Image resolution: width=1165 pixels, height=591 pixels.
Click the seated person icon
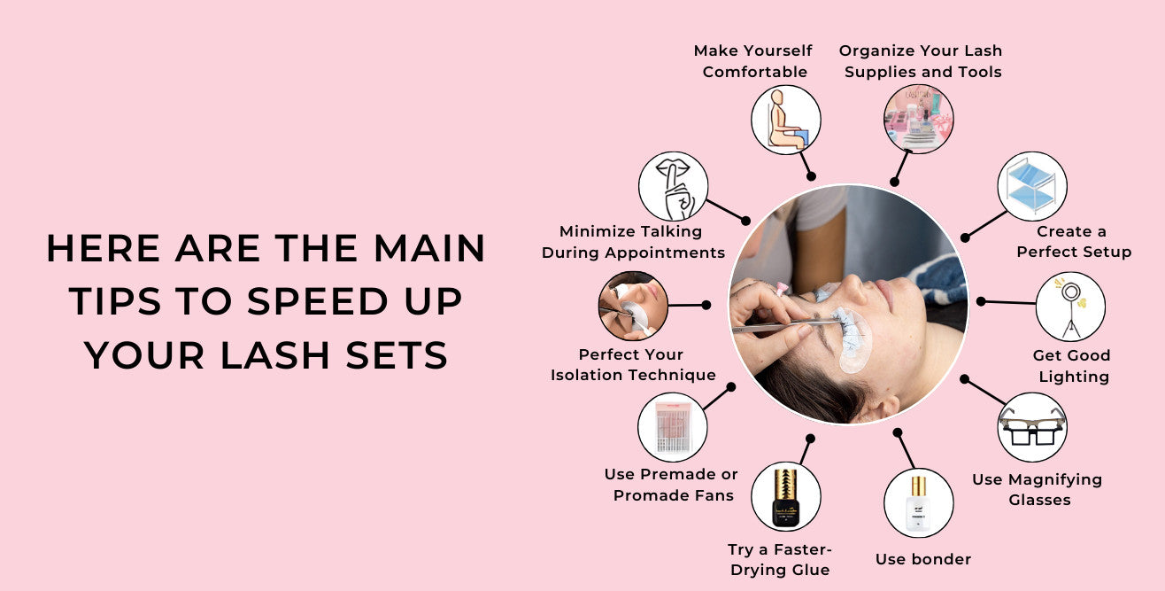[x=785, y=120]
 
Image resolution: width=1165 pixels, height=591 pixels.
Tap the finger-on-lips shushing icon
[x=673, y=186]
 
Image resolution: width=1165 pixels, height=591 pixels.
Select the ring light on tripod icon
[x=1069, y=307]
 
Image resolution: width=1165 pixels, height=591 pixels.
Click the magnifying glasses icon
[x=1031, y=427]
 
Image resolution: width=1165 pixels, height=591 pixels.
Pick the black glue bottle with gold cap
[x=785, y=495]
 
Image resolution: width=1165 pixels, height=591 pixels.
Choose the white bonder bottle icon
[x=918, y=502]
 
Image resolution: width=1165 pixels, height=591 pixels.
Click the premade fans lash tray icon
[x=672, y=427]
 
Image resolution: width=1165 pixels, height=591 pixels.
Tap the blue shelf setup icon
[x=1031, y=186]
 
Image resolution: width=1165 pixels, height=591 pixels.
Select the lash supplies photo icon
[x=918, y=120]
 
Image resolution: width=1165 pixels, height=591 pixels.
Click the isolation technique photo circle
[x=633, y=306]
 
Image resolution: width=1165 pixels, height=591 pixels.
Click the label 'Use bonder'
[x=922, y=559]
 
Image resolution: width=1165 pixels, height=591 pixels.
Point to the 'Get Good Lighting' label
[x=1070, y=366]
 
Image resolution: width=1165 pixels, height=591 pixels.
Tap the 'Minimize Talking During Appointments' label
[x=633, y=242]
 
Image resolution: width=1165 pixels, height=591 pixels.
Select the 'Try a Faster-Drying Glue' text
[x=780, y=560]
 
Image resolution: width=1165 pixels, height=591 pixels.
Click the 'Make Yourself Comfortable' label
[x=753, y=61]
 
